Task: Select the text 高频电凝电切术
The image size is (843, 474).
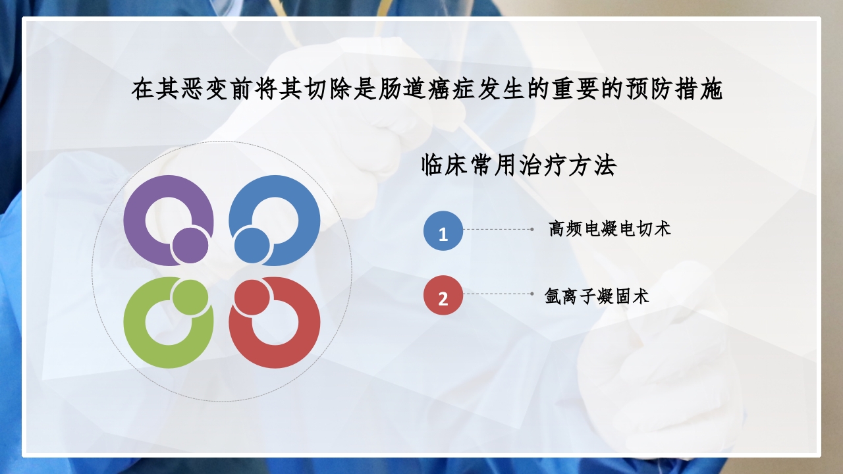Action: click(x=610, y=229)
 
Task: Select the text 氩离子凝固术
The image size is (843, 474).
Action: click(x=597, y=296)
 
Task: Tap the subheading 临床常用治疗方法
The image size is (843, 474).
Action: click(x=518, y=166)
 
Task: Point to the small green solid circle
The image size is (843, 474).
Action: click(x=190, y=297)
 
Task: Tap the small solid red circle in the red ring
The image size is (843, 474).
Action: click(x=252, y=297)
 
